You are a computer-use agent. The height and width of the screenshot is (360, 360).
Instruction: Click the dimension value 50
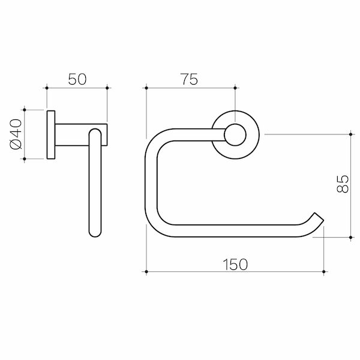[77, 79]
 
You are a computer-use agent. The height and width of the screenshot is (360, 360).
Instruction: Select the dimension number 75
[190, 79]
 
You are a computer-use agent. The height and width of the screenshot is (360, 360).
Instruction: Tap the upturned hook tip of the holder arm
[318, 217]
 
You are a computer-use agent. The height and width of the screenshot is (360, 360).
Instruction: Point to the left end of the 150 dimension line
[146, 272]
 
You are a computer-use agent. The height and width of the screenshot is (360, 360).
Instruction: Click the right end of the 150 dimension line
[324, 272]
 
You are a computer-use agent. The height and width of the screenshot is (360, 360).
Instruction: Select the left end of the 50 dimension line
[47, 88]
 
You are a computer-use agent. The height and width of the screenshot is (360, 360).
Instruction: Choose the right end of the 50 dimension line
[107, 88]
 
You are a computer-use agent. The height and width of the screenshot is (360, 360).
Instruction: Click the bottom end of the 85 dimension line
[350, 237]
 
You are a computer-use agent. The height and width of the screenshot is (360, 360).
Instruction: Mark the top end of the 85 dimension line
[350, 134]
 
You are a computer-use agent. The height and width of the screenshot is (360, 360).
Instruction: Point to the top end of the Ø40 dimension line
[25, 110]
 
